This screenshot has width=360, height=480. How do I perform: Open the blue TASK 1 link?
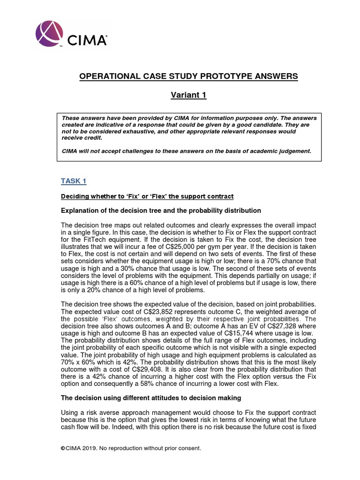pos(74,181)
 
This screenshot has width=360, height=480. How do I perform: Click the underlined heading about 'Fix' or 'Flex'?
pos(147,195)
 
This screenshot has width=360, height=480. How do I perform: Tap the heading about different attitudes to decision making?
pos(151,398)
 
